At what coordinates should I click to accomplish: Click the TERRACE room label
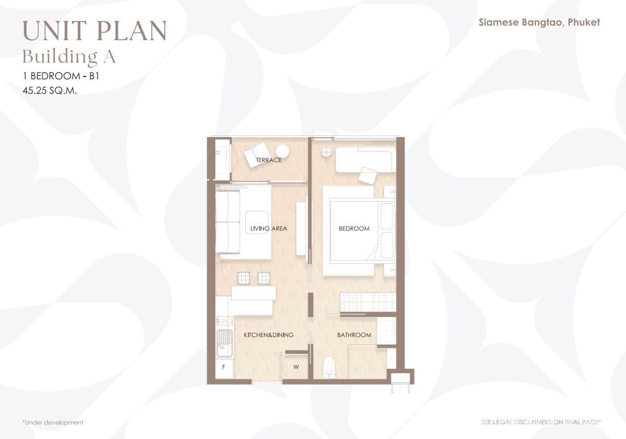click(269, 160)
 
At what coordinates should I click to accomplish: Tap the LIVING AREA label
click(269, 229)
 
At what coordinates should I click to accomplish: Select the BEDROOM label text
click(354, 229)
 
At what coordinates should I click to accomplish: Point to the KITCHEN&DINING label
click(269, 335)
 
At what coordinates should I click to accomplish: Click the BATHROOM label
click(354, 335)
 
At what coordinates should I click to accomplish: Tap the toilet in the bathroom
click(329, 367)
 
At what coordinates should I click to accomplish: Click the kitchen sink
click(224, 343)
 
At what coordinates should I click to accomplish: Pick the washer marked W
click(296, 367)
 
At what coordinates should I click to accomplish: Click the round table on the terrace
click(283, 151)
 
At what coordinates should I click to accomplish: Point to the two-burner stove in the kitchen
click(224, 321)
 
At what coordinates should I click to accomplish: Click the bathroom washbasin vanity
click(386, 331)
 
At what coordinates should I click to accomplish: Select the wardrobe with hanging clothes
click(368, 302)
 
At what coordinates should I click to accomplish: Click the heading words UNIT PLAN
click(95, 31)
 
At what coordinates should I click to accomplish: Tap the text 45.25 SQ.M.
click(50, 91)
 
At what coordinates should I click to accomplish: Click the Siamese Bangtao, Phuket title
click(539, 22)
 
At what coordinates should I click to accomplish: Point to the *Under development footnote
click(53, 422)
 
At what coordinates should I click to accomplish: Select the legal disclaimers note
click(542, 422)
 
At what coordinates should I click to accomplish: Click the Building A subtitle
click(69, 57)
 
